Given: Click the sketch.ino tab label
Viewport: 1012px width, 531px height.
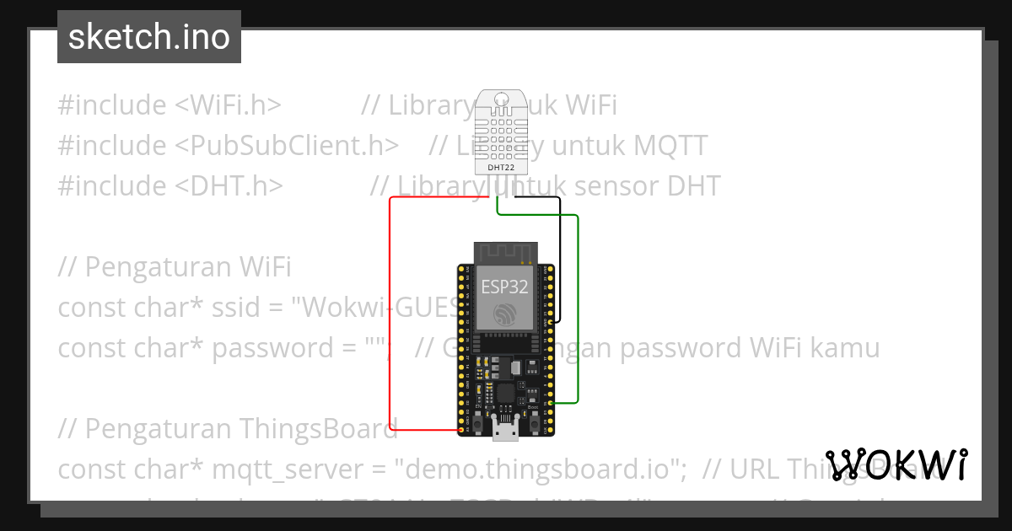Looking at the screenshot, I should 149,37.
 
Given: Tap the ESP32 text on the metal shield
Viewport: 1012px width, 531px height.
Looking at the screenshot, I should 504,287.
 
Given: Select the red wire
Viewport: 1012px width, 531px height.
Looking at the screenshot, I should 390,320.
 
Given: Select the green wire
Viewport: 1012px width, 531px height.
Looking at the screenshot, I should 578,312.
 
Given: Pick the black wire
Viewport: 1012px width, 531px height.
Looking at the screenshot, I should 560,253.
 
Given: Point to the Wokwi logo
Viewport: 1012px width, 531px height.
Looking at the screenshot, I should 896,465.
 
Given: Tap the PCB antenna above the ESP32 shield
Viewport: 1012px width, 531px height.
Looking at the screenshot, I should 505,251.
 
